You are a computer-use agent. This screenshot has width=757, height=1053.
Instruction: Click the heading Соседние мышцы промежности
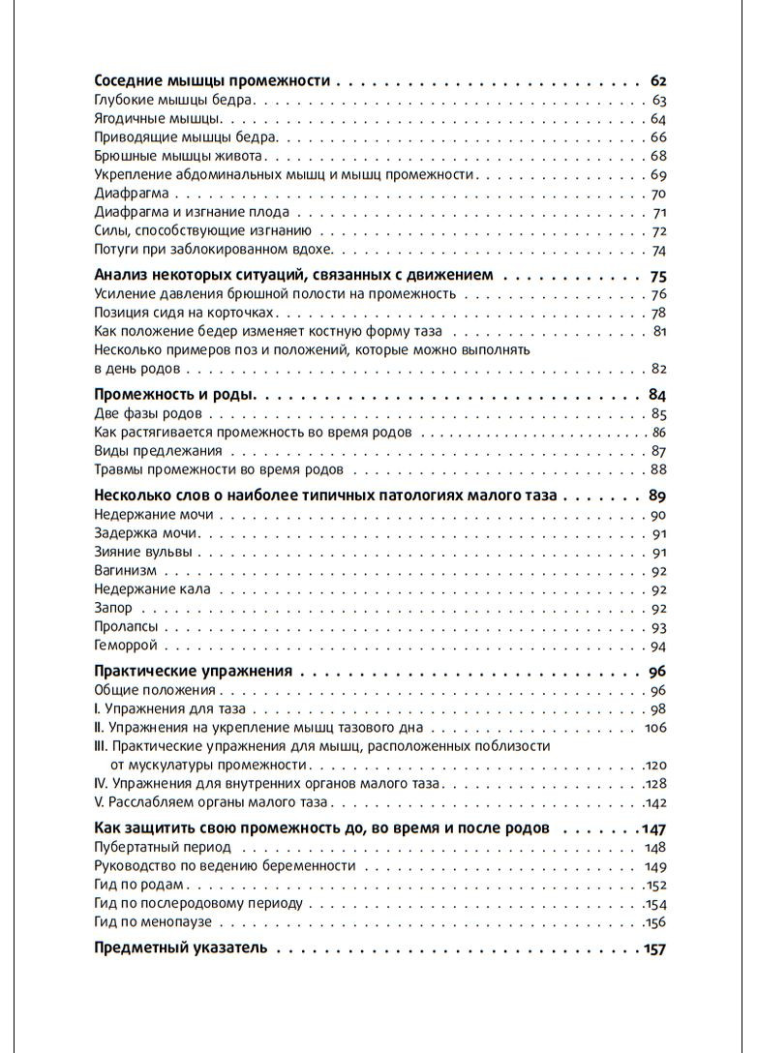click(212, 80)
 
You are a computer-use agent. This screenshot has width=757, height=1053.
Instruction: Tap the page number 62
click(658, 80)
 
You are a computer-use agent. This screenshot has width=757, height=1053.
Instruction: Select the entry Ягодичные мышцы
click(157, 119)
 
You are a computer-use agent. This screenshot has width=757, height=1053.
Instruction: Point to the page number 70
click(659, 194)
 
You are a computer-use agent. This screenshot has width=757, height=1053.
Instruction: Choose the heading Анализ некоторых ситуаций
click(293, 275)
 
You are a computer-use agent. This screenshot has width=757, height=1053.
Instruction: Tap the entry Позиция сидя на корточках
click(184, 313)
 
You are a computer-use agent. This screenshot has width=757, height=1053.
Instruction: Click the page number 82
click(659, 369)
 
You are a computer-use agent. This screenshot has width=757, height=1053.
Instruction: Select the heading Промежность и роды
click(174, 394)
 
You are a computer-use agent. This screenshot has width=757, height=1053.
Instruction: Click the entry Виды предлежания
click(158, 451)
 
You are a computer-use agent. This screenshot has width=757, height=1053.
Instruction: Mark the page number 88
click(659, 470)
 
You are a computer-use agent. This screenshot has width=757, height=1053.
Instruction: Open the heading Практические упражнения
click(193, 671)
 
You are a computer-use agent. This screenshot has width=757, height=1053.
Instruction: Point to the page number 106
click(656, 728)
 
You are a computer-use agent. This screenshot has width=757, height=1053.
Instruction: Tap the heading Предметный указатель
click(179, 948)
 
